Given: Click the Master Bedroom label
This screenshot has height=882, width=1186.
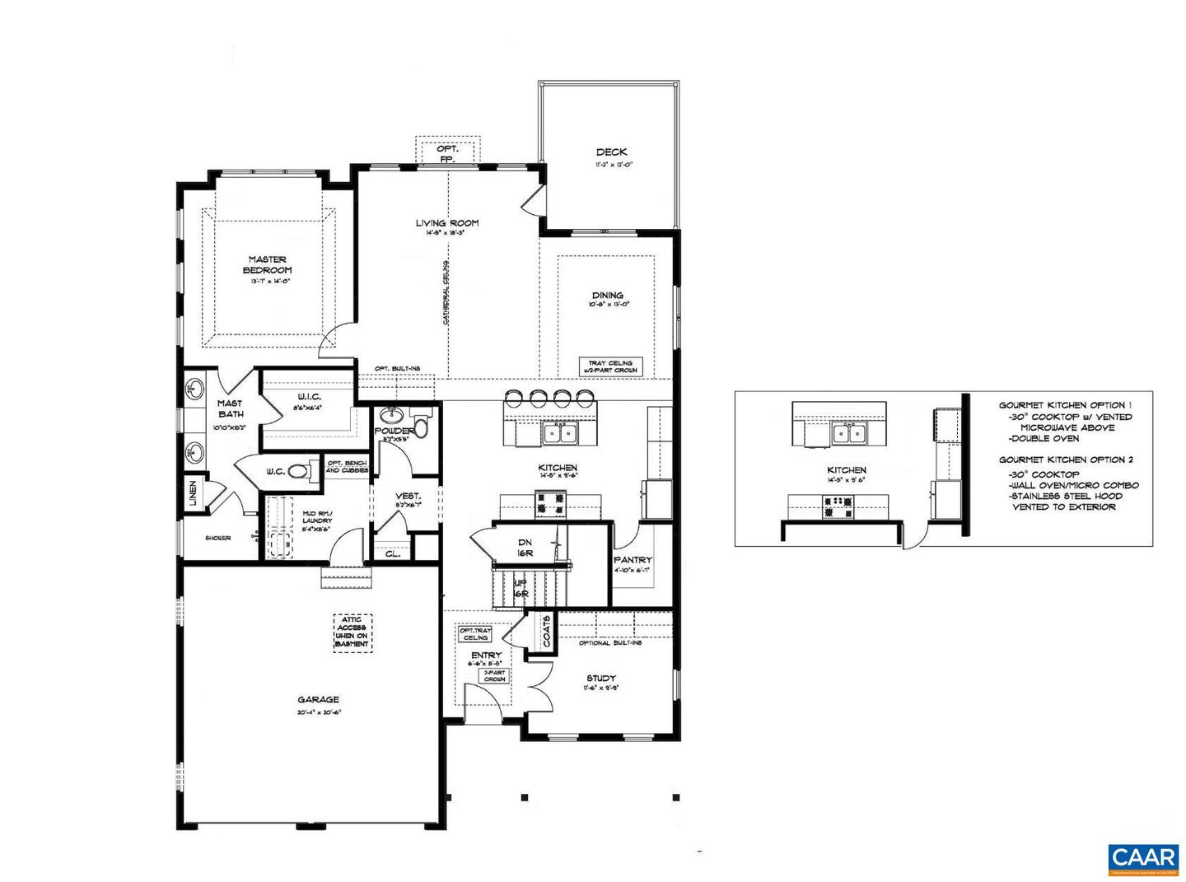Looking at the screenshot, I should pos(267,264).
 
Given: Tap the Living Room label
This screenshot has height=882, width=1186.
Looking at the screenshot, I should pos(446,223).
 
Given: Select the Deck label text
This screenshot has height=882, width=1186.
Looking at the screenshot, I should pos(611,152).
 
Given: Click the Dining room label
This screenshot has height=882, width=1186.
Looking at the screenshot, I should pos(607,295).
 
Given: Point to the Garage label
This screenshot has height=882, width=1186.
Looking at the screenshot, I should pos(318,700).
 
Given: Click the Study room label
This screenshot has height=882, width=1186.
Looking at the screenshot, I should pos(600,678).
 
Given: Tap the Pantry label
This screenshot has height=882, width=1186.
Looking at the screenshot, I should pos(633,560).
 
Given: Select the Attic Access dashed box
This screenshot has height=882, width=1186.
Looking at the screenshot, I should pos(353,633).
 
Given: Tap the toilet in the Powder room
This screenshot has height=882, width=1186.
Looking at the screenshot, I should pos(422,427).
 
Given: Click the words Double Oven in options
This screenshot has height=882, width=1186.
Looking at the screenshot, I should pos(1044,438).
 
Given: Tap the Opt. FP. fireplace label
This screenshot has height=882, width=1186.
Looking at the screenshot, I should pos(446,153).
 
